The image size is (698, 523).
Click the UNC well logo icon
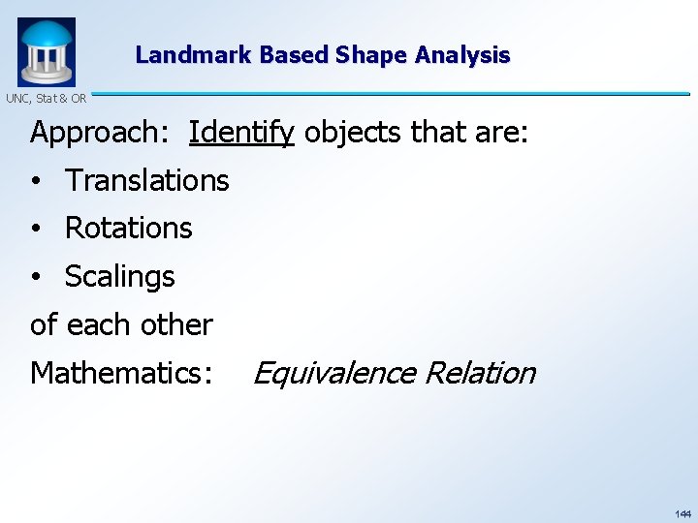46,51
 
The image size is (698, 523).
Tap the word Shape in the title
371,55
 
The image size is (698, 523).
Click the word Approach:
102,133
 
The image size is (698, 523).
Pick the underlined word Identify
241,133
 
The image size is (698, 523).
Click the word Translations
146,180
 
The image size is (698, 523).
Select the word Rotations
128,229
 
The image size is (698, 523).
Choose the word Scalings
119,277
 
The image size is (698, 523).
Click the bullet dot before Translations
35,181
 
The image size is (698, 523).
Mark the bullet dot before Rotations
35,230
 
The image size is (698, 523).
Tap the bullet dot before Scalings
35,278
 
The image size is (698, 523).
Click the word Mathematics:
121,373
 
